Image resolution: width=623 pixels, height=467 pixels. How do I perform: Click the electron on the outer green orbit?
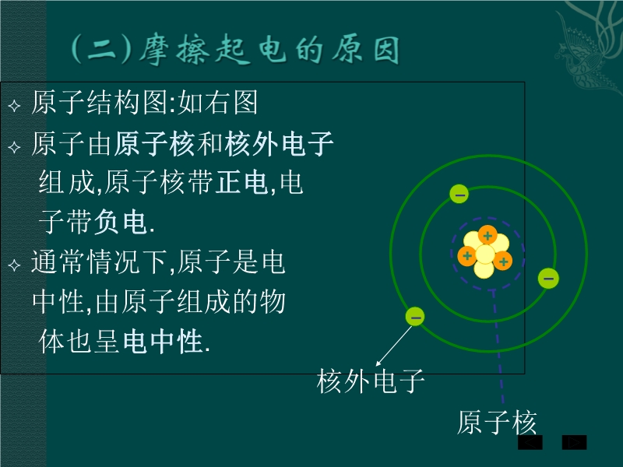pos(415,317)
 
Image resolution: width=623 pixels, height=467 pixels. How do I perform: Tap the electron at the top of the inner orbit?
pos(459,194)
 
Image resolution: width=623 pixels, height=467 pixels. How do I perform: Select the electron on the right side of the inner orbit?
pos(548,278)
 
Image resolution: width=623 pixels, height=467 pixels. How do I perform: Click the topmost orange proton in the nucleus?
pos(487,236)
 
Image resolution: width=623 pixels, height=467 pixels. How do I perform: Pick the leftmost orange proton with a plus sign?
pos(467,255)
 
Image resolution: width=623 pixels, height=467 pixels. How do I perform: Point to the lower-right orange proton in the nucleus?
pos(502,261)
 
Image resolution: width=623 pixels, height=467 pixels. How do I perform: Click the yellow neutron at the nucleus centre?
pos(485,255)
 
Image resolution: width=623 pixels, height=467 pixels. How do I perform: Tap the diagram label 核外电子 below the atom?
pos(371,381)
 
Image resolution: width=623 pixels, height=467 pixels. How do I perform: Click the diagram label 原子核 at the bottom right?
pos(497,422)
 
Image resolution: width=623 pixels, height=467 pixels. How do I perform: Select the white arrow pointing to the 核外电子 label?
pos(394,346)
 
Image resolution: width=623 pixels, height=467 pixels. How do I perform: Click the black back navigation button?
pos(530,442)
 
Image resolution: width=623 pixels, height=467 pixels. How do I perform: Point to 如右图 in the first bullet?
pos(218,103)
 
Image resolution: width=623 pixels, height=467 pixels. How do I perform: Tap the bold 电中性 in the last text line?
pos(163,341)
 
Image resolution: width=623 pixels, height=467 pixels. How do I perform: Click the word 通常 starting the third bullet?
pos(58,262)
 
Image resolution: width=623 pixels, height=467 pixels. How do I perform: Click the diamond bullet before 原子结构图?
pos(14,106)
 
